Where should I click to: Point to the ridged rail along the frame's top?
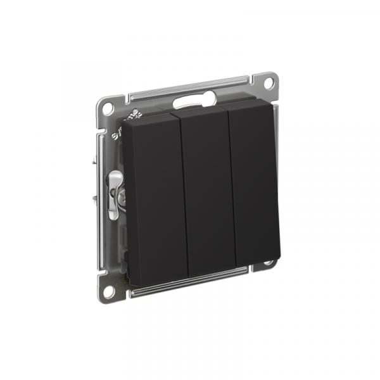tap(190, 88)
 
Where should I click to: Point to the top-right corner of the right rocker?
tap(274, 106)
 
